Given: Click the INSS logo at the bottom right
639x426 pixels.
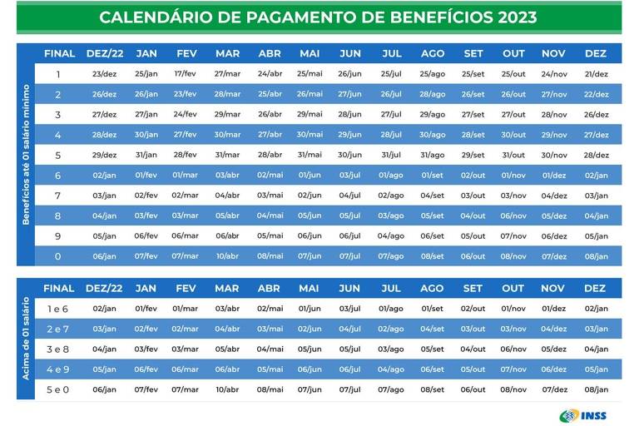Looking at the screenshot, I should click(585, 414).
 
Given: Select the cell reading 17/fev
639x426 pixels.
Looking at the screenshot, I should click(186, 74).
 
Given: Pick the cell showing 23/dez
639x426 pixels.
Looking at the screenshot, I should click(105, 74).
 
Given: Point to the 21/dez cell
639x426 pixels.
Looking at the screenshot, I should click(596, 74).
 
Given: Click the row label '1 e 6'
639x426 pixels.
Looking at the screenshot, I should click(58, 309).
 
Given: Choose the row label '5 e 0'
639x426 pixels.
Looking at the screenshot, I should click(58, 389).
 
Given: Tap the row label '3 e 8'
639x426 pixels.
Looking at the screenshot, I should click(58, 349).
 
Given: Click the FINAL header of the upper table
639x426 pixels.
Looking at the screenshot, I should click(58, 53).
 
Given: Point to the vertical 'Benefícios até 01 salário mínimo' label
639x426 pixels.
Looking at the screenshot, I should click(26, 155).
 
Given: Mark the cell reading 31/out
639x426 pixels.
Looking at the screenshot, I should click(513, 155).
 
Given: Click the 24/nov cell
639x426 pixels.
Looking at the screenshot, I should click(554, 74).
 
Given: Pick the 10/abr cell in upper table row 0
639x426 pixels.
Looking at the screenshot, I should click(227, 256).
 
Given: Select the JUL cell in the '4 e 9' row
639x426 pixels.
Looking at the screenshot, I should click(391, 369).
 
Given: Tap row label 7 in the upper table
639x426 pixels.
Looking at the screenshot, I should click(58, 196).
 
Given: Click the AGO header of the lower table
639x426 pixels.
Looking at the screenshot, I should click(432, 289).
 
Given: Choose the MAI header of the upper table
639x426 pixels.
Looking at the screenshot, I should click(309, 53).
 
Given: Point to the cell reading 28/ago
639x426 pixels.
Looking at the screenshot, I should click(432, 94).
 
